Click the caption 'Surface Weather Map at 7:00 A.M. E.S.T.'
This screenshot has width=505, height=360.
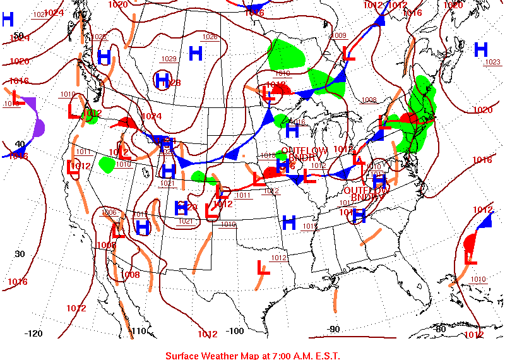pyautogui.click(x=252, y=356)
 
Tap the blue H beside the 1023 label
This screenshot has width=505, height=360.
pyautogui.click(x=481, y=49)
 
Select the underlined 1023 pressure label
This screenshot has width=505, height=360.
pyautogui.click(x=492, y=62)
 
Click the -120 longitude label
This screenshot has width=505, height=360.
pyautogui.click(x=33, y=333)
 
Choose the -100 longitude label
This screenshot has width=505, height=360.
pyautogui.click(x=235, y=331)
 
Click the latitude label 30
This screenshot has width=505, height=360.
pyautogui.click(x=20, y=253)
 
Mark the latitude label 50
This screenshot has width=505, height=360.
pyautogui.click(x=18, y=35)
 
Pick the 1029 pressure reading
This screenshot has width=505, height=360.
pyautogui.click(x=169, y=59)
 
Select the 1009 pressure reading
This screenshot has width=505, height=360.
pyautogui.click(x=339, y=35)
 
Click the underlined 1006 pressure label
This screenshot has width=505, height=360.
pyautogui.click(x=109, y=212)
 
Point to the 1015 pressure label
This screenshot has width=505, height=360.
pyautogui.click(x=310, y=226)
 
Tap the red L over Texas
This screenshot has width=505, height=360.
pyautogui.click(x=263, y=267)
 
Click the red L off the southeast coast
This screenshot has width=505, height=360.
pyautogui.click(x=470, y=258)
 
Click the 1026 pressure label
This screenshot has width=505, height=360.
pyautogui.click(x=210, y=37)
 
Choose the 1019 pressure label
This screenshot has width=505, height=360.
pyautogui.click(x=229, y=224)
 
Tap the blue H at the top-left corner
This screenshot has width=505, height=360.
pyautogui.click(x=8, y=19)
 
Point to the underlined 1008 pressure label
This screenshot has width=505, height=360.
pyautogui.click(x=369, y=100)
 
